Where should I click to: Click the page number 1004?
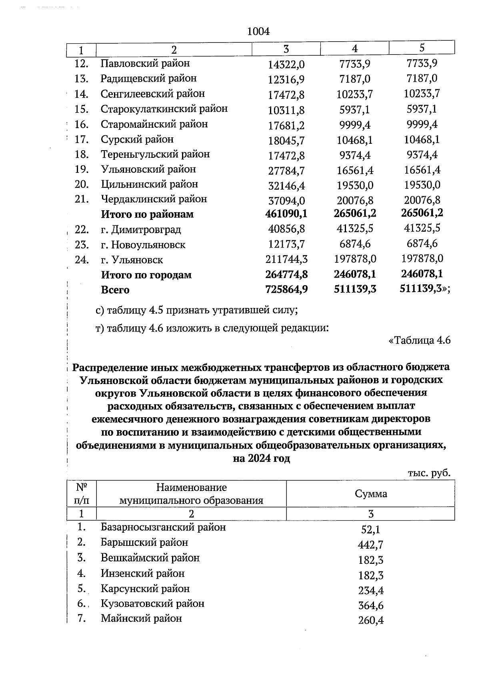pos(259,32)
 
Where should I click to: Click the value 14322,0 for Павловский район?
pos(286,64)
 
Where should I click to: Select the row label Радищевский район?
pos(148,78)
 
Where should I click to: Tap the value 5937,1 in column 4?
pos(355,110)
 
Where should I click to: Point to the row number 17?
pos(81,139)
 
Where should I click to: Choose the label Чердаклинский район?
pos(154,199)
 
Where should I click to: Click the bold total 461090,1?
pos(286,213)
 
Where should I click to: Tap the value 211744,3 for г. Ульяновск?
pos(286,260)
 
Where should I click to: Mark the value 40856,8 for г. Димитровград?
pos(286,229)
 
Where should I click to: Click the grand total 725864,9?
pos(286,290)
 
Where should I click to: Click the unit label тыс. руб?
pos(429,473)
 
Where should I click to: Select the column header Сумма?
pos(370,494)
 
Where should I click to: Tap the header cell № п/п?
pos(81,494)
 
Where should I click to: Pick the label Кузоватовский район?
pos(152,604)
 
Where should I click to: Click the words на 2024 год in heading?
pos(261,459)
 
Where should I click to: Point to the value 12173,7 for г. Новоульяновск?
pos(286,244)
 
